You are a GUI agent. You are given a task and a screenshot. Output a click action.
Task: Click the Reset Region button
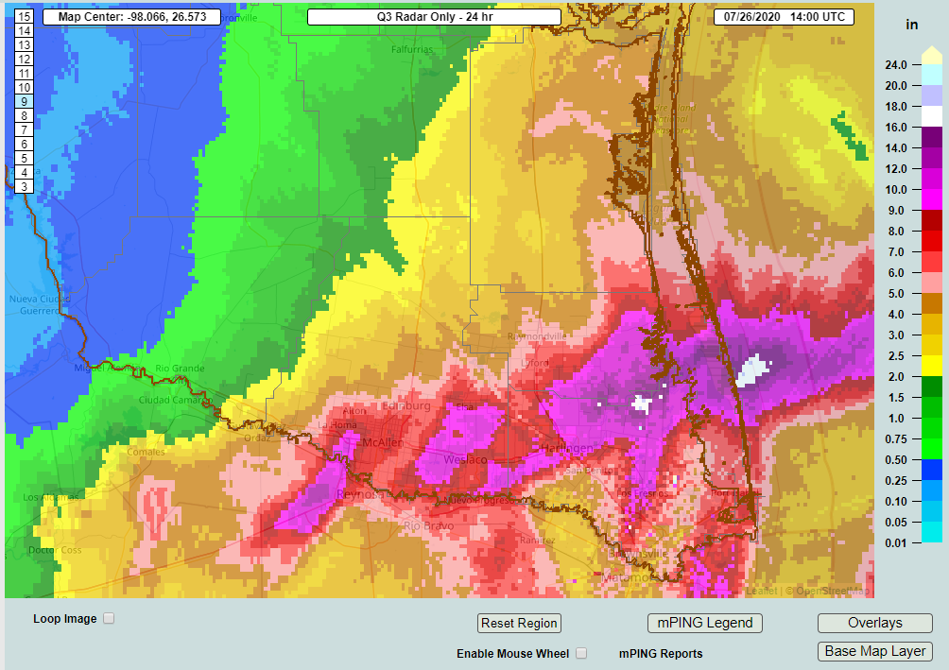tap(519, 624)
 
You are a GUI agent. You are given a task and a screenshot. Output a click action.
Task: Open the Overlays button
tap(874, 624)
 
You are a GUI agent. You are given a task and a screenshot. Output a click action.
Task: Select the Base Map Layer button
tap(874, 651)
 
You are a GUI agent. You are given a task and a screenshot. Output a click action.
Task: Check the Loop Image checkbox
tap(109, 619)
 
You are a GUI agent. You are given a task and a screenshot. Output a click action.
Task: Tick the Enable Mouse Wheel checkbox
tap(581, 653)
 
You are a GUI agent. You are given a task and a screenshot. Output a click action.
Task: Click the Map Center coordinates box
tap(131, 17)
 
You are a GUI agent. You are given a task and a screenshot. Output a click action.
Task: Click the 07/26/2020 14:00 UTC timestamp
tap(785, 17)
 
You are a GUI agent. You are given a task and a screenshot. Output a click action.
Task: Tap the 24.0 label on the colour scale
tap(896, 65)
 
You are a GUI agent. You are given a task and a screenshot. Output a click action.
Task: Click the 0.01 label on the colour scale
tap(896, 542)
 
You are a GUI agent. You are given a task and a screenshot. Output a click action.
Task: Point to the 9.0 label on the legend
tap(896, 211)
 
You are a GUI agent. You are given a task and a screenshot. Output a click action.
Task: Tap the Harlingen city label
tap(566, 448)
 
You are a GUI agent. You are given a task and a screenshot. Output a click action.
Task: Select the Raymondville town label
tap(537, 336)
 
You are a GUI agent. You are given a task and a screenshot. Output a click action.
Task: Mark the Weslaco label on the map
tap(466, 460)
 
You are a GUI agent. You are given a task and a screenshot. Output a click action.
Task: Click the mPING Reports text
tap(661, 654)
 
